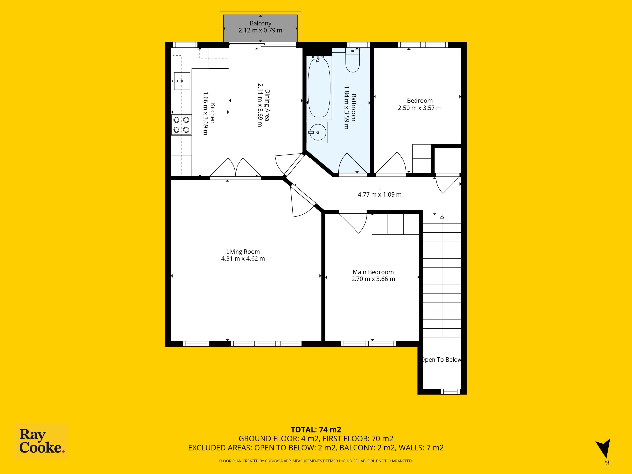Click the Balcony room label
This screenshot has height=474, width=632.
[260, 23]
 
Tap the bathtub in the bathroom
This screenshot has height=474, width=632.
[319, 87]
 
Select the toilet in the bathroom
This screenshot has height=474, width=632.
[353, 60]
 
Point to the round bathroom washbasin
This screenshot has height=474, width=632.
[317, 132]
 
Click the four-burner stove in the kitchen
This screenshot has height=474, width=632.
[181, 125]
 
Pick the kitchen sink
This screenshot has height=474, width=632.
[182, 81]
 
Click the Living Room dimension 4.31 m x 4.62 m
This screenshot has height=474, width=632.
[243, 258]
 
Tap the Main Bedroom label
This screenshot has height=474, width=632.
[373, 272]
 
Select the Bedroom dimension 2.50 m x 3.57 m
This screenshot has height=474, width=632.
[420, 108]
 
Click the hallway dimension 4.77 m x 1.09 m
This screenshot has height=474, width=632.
[380, 194]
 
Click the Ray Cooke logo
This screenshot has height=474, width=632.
[41, 441]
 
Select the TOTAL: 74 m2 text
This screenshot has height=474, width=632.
[316, 429]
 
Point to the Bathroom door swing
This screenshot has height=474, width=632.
[353, 163]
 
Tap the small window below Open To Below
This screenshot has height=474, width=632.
[451, 392]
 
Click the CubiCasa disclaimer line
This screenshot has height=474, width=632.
[316, 461]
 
